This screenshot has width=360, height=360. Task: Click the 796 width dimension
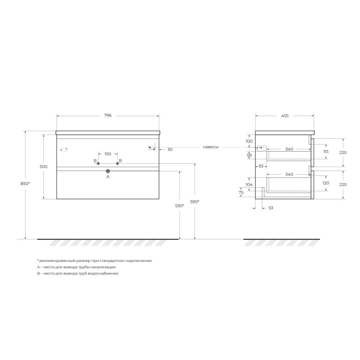[x=108, y=116]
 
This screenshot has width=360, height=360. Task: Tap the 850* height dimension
[x=26, y=184]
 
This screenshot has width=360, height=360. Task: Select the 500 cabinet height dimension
[x=44, y=166]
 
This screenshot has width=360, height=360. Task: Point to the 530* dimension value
[x=180, y=206]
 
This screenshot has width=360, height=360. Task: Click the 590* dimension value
[x=195, y=202]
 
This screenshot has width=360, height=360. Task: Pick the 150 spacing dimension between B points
[x=108, y=154]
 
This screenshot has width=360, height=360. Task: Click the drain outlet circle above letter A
[x=108, y=171]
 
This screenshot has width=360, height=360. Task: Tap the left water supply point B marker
[x=98, y=163]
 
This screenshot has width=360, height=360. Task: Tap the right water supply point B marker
[x=117, y=163]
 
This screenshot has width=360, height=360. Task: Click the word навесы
[x=211, y=147]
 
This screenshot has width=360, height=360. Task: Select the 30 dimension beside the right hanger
[x=170, y=149]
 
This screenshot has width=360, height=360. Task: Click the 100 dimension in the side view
[x=249, y=141]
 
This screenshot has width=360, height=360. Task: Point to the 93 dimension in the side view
[x=261, y=166]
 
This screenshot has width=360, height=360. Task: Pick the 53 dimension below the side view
[x=270, y=207]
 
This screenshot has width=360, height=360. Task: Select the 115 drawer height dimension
[x=326, y=152]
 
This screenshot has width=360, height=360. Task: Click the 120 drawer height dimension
[x=326, y=183]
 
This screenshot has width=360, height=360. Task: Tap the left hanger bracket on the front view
[x=63, y=149]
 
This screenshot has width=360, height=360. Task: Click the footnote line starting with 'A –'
[x=73, y=267]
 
